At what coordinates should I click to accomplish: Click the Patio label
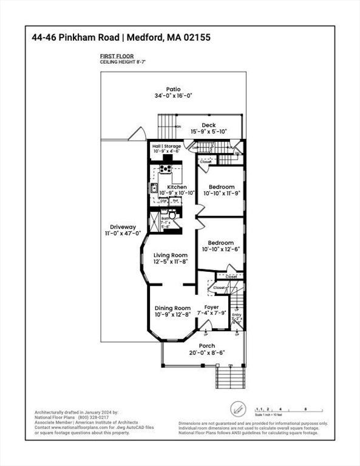tap(174, 89)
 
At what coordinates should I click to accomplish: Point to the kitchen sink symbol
tap(154, 188)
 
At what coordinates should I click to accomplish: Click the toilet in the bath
tap(172, 214)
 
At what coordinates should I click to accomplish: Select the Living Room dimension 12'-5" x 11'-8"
tap(171, 262)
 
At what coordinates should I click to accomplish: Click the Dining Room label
tap(173, 308)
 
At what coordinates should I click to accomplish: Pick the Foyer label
tap(211, 308)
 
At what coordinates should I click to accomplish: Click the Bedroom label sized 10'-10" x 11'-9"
tap(222, 187)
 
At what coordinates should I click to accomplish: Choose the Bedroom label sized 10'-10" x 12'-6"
tap(222, 242)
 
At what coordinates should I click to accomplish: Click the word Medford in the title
tap(144, 38)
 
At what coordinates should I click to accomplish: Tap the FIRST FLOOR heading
tap(117, 56)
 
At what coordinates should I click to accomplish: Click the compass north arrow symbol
tap(237, 408)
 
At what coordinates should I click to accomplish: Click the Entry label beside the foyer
tap(236, 314)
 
